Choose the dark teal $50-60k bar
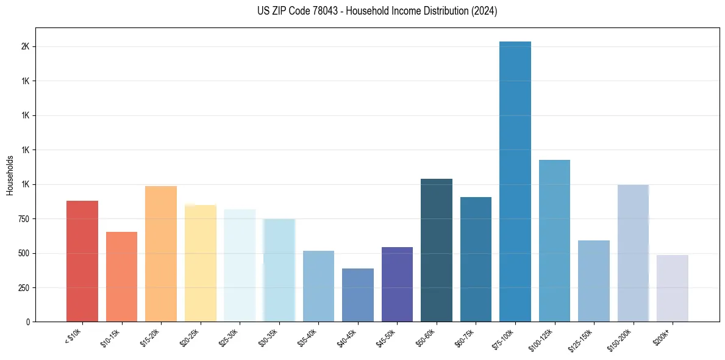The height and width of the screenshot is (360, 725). (437, 250)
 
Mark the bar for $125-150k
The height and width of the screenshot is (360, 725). (594, 281)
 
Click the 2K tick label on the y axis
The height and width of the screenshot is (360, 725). (25, 47)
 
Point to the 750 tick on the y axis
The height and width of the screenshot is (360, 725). (23, 219)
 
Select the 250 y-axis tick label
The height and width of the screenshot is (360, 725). (23, 288)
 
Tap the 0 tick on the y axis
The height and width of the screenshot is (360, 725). (28, 322)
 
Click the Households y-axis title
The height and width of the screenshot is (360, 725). (10, 175)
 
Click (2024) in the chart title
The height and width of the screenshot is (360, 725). (484, 11)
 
